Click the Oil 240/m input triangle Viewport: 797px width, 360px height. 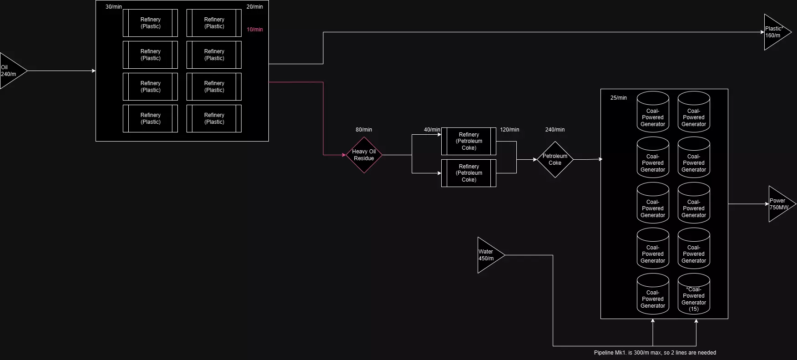point(10,71)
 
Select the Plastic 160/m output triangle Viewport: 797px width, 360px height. point(774,32)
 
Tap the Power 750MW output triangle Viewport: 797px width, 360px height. point(779,204)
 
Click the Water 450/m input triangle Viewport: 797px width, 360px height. point(488,255)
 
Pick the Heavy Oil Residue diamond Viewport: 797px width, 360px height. point(364,155)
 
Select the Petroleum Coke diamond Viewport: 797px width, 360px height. point(555,160)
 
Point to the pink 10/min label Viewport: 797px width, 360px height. point(255,30)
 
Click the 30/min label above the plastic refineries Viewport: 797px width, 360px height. point(114,7)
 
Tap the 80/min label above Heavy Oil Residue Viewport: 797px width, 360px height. point(364,130)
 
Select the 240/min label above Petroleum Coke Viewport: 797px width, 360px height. point(555,130)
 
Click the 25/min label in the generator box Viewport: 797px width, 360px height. point(619,98)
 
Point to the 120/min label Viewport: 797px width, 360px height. point(509,130)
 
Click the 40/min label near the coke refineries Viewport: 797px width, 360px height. point(432,130)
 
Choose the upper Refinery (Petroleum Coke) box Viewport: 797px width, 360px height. point(469,142)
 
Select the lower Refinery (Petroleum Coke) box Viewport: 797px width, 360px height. point(469,173)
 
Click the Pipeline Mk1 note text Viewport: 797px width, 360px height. point(655,353)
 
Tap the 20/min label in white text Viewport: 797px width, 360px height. point(255,7)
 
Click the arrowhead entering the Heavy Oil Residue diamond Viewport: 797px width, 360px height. point(344,155)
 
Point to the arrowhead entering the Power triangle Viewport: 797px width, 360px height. point(767,204)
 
